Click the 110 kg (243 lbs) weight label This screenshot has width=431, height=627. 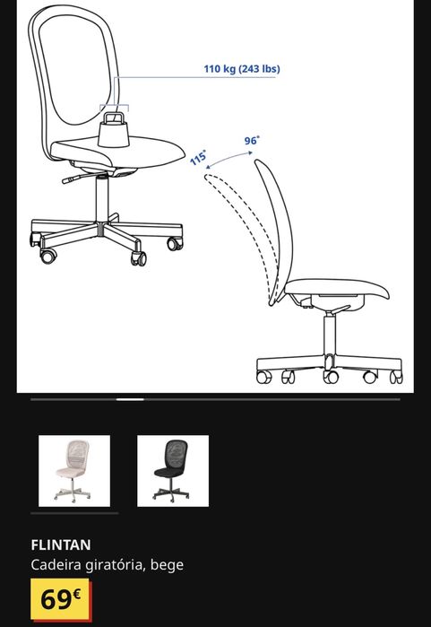pos(241,69)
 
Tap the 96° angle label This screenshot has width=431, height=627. pos(252,141)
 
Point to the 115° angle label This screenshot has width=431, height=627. pos(198,158)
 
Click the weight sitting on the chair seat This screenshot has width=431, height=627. pos(114,132)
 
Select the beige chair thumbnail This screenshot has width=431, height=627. pos(74,471)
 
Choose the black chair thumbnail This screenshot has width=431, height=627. pos(173,471)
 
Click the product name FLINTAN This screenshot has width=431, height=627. pos(61,544)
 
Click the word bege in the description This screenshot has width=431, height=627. pos(168,565)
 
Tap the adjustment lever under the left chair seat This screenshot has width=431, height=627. pos(73,179)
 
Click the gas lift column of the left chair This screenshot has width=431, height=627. pos(99,197)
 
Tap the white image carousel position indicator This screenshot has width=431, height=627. pos(131,399)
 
